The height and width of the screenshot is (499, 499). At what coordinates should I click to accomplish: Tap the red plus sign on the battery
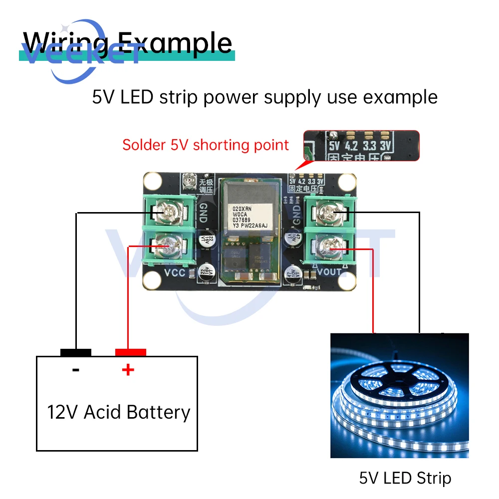tap(128, 370)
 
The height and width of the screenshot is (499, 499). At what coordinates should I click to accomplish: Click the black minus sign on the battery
tap(76, 370)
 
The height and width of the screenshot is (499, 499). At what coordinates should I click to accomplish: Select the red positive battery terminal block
tap(130, 352)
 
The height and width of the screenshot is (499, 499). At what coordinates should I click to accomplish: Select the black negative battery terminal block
tap(76, 352)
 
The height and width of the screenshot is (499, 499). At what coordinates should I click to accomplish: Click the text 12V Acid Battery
tap(119, 412)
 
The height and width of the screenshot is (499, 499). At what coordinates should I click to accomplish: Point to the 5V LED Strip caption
tap(405, 479)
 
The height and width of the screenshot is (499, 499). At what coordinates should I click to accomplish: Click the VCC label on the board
tap(175, 272)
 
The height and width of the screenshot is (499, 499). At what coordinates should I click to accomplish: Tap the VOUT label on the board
tap(329, 272)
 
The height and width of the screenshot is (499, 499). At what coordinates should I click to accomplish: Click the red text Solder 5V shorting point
tap(206, 145)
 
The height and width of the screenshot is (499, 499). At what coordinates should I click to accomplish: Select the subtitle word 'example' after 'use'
tap(400, 96)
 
